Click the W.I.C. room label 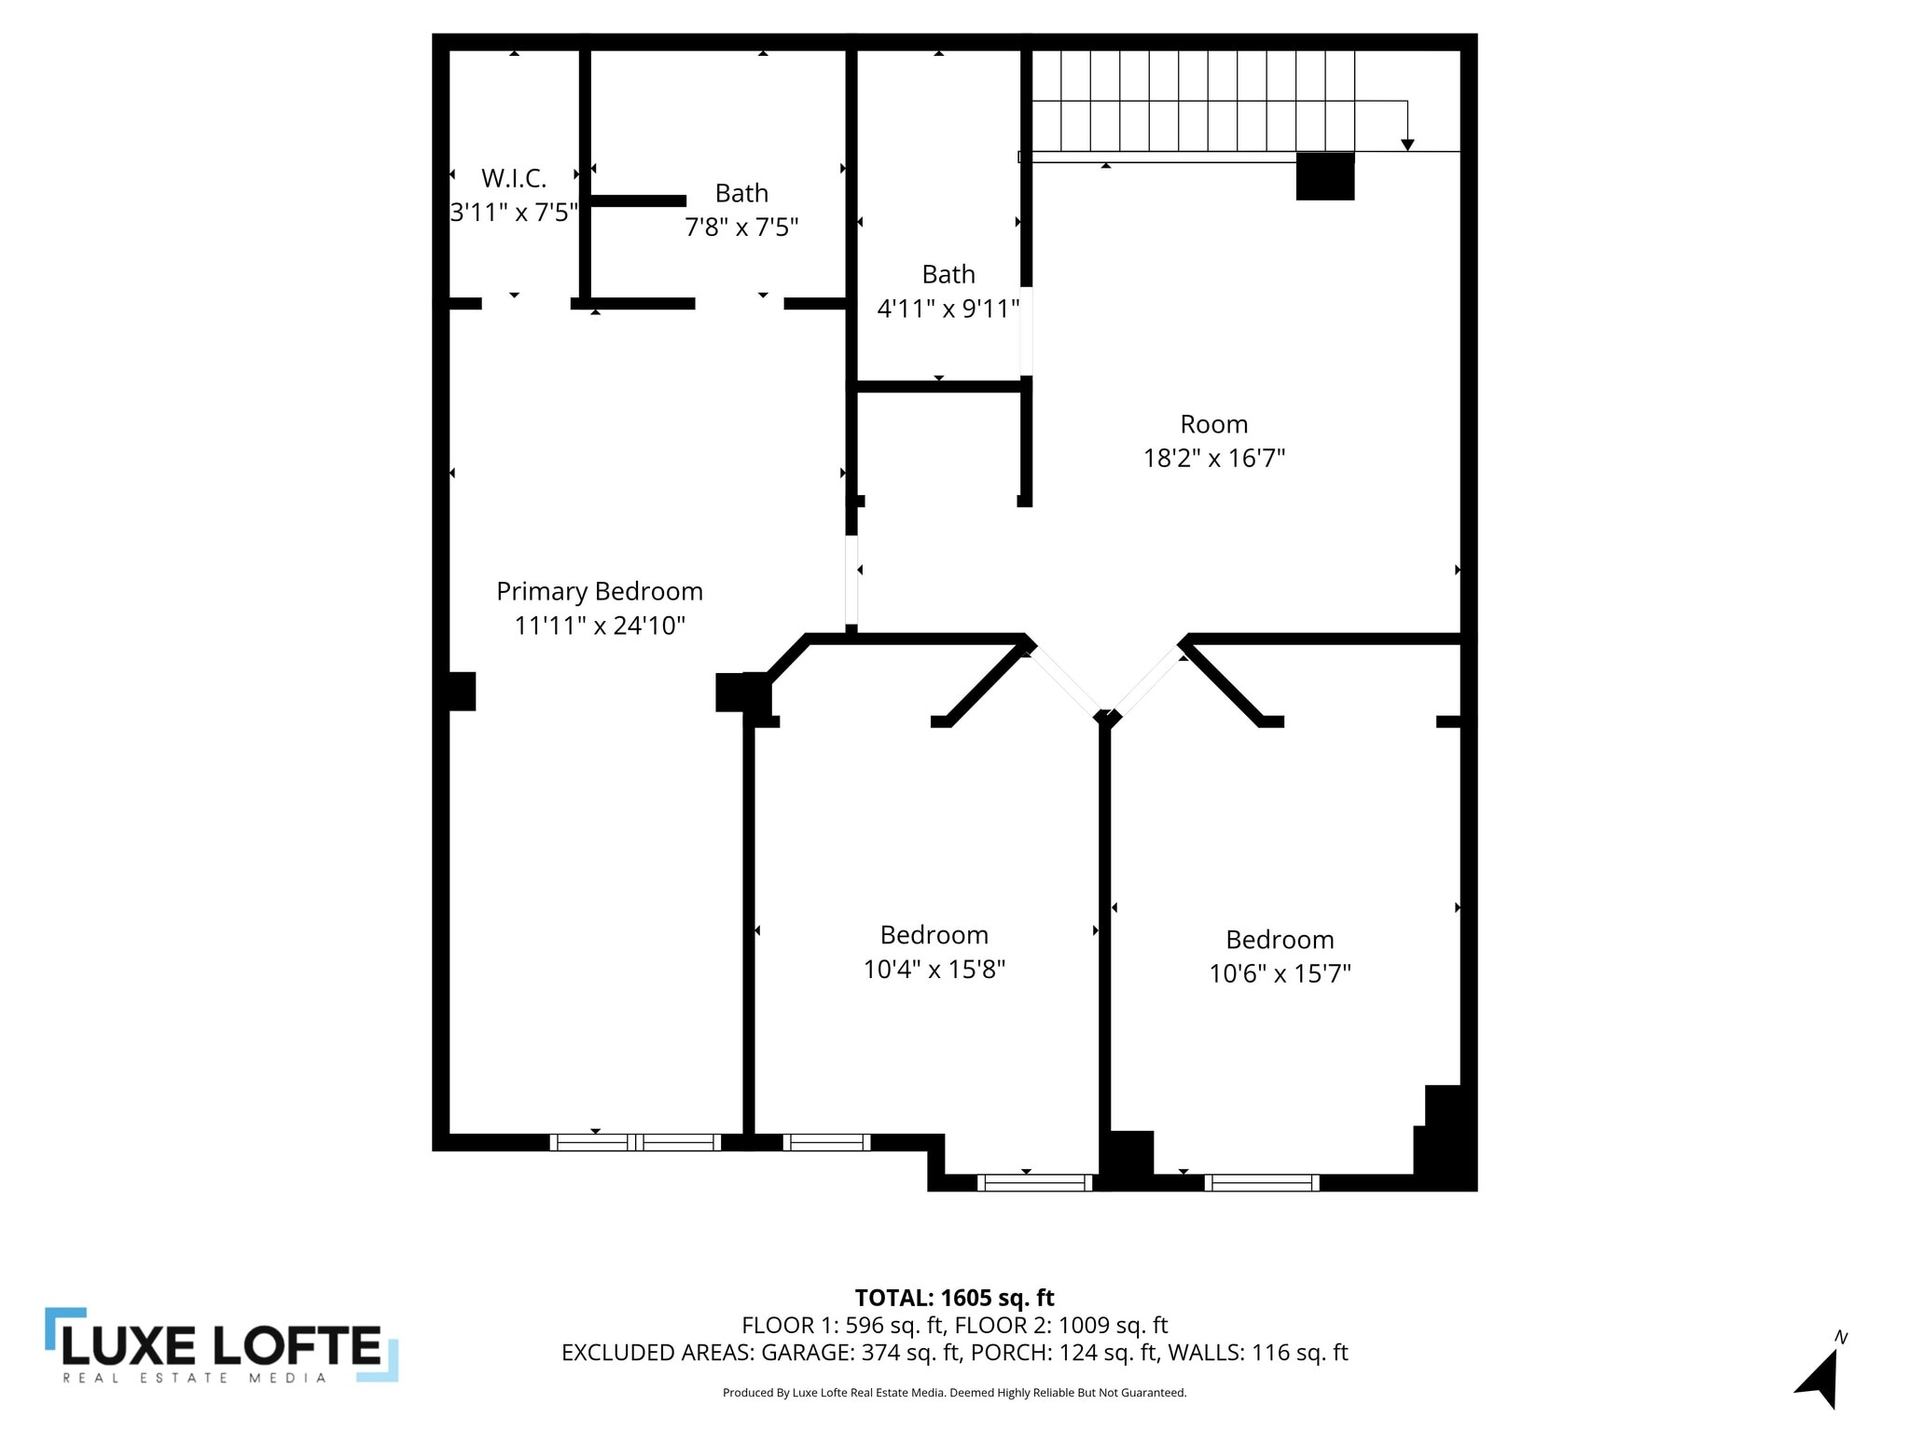(514, 178)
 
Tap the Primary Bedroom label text (599, 591)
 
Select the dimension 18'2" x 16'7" (1213, 458)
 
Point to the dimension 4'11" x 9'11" (948, 309)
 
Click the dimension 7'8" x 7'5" (741, 227)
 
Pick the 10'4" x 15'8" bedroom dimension (934, 970)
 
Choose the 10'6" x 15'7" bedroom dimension (1280, 973)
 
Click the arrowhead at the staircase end (1407, 145)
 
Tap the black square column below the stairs (1325, 177)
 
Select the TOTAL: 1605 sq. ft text (954, 1298)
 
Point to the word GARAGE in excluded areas (805, 1352)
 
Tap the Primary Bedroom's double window (635, 1142)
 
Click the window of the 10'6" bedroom (1262, 1182)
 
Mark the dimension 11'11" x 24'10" (599, 626)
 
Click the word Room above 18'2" (1213, 424)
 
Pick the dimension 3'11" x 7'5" (514, 213)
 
